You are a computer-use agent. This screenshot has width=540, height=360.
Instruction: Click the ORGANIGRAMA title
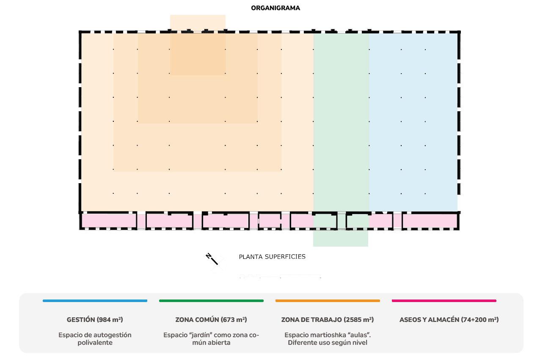(x=276, y=8)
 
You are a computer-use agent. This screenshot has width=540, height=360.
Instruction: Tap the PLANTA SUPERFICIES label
(x=272, y=256)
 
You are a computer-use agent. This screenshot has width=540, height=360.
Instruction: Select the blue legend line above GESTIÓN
(x=95, y=301)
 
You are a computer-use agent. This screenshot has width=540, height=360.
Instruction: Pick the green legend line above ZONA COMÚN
(x=211, y=301)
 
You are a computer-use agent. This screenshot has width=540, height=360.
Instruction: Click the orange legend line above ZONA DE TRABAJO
(x=328, y=301)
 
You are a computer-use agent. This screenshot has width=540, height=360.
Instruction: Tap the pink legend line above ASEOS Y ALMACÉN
(x=444, y=301)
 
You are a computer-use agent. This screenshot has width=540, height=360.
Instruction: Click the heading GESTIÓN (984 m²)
(x=95, y=320)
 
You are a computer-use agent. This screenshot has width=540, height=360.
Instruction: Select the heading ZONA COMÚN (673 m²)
(x=211, y=320)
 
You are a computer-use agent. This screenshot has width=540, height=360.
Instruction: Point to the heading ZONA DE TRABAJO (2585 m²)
(x=328, y=320)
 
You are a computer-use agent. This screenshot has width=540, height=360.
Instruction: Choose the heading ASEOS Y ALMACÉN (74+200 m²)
(x=449, y=320)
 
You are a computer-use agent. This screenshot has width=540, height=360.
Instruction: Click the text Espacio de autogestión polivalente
(x=95, y=338)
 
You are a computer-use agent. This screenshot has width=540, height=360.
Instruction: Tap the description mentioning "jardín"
(x=211, y=338)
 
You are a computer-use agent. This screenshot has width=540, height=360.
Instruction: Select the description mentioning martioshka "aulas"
(x=328, y=338)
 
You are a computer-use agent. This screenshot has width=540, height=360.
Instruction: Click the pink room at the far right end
(x=429, y=221)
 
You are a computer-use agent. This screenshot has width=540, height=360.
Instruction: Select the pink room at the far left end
(x=108, y=221)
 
